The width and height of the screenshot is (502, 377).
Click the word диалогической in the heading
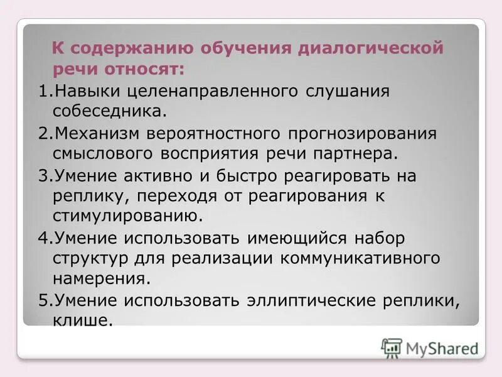(373, 48)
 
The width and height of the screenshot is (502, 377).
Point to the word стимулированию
(129, 216)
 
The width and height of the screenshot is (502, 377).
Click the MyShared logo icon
(392, 347)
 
